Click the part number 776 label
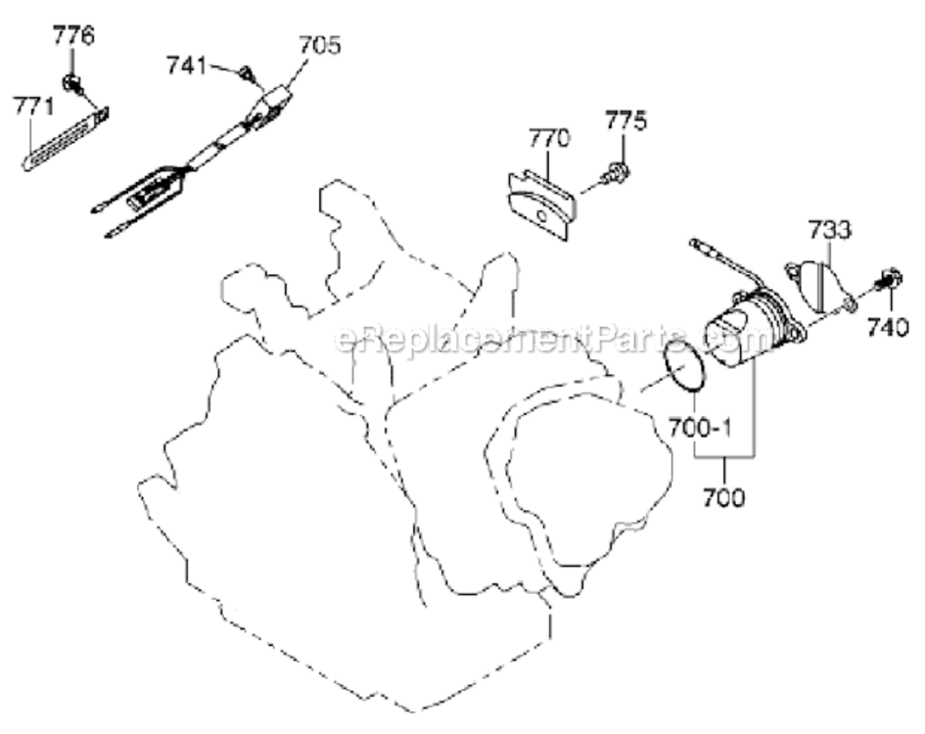73,35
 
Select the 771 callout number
33,107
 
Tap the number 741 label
186,65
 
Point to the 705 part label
320,45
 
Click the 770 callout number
549,138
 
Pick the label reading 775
625,119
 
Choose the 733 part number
829,229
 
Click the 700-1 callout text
700,427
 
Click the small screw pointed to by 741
247,73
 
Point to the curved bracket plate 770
542,206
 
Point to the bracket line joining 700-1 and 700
724,455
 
